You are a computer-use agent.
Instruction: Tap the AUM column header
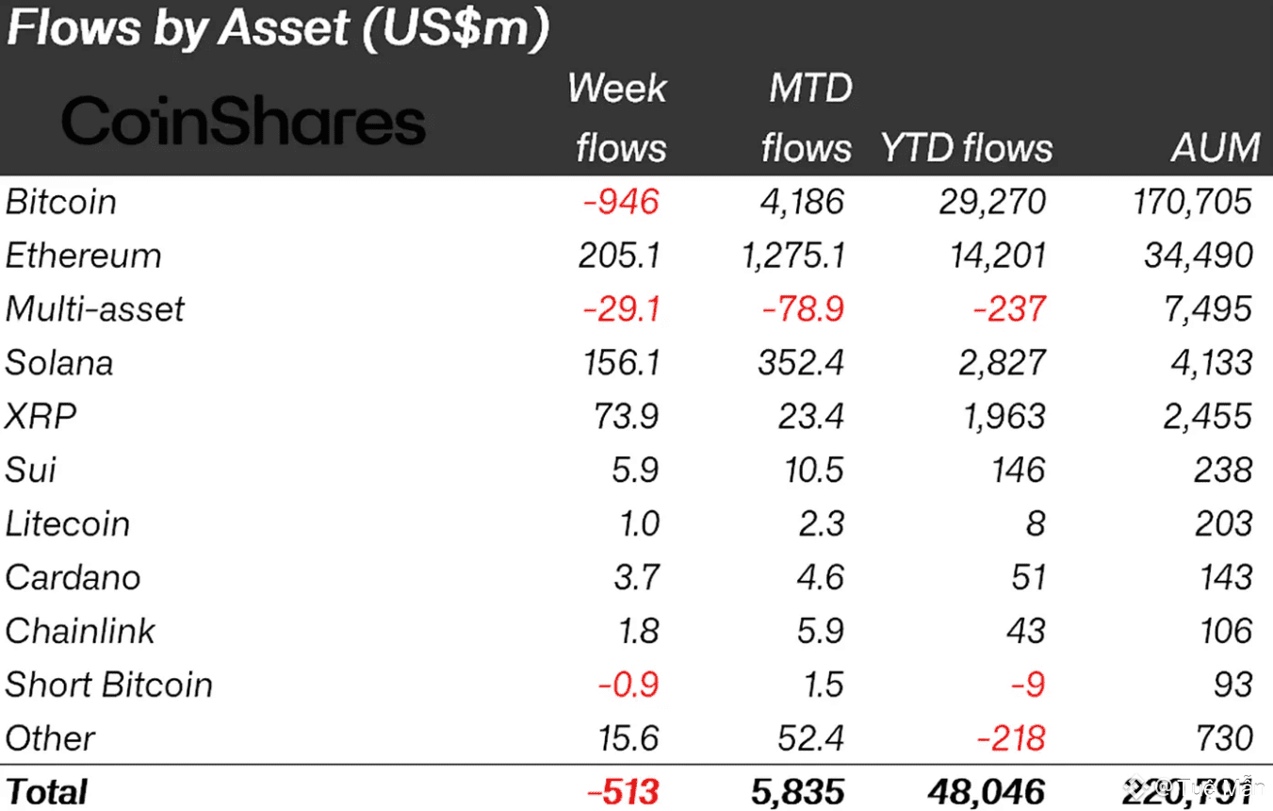[1215, 148]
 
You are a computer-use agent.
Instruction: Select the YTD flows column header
[966, 148]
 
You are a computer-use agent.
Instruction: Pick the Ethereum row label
[83, 256]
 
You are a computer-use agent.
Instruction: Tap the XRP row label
[41, 417]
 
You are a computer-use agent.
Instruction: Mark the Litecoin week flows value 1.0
[639, 524]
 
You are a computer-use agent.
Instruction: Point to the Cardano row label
[73, 578]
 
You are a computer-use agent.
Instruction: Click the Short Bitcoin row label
[108, 686]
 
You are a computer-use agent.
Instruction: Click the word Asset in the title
[285, 29]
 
